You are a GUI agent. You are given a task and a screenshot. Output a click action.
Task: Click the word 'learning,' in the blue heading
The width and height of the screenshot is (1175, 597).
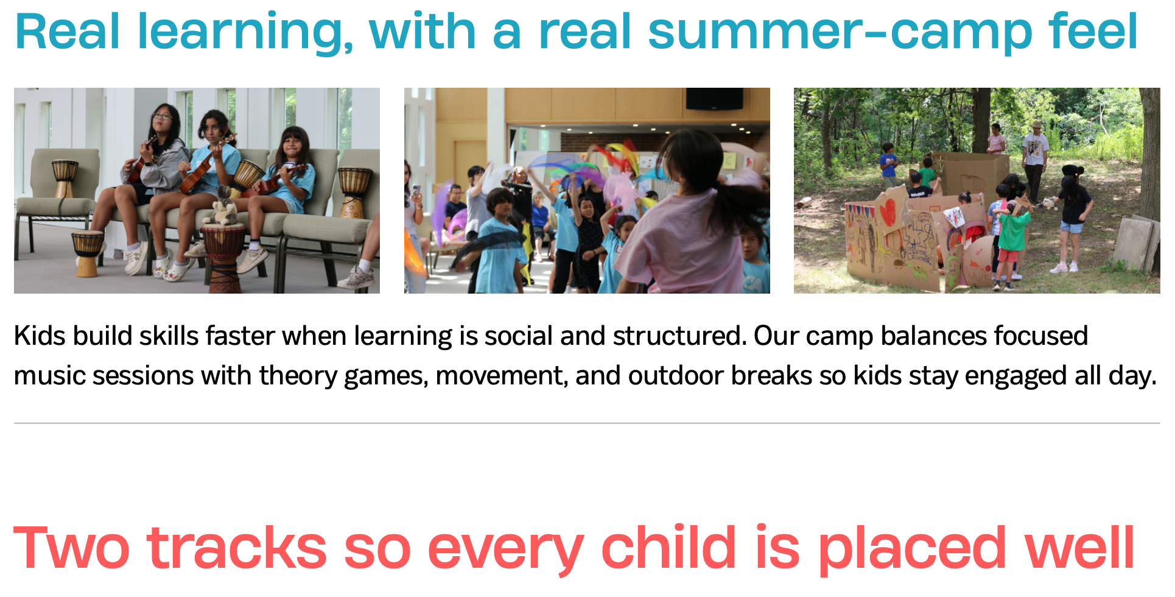[245, 32]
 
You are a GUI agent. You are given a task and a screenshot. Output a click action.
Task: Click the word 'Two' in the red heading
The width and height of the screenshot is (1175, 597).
[72, 548]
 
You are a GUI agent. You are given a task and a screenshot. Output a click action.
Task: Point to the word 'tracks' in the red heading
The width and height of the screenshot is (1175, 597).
[237, 548]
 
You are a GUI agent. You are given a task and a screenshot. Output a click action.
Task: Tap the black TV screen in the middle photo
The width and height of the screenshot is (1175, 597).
[714, 99]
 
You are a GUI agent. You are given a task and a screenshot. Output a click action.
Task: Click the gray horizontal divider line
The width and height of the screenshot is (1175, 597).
[587, 423]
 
